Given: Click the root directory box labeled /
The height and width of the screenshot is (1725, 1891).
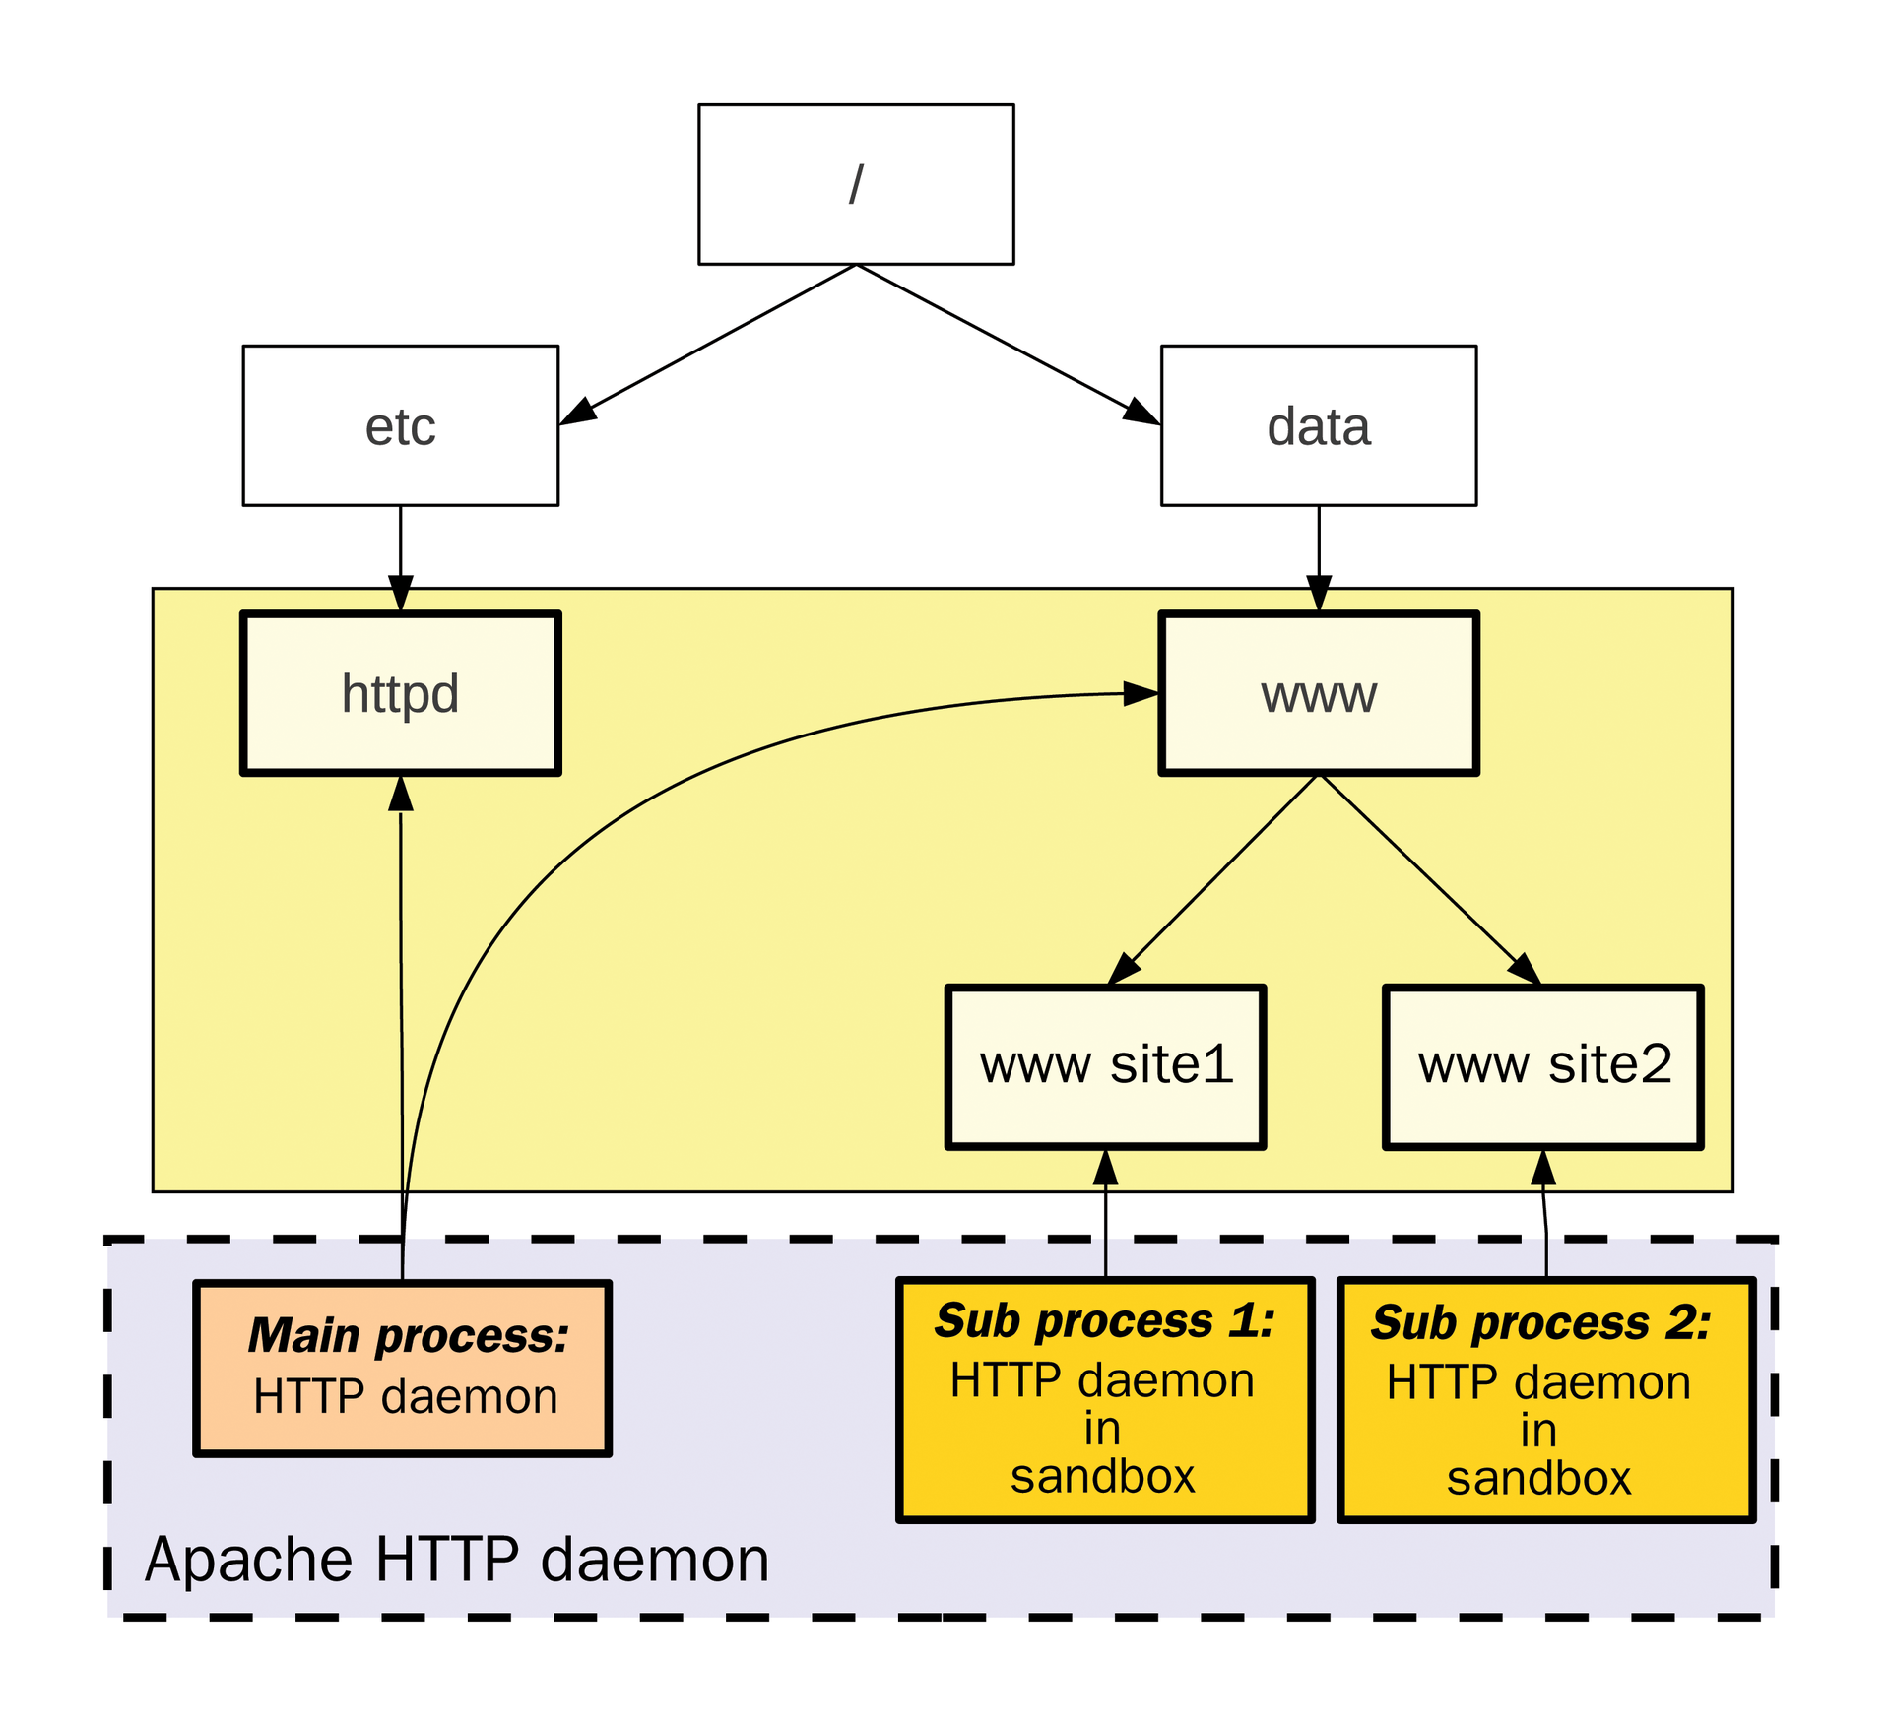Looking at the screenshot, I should tap(855, 184).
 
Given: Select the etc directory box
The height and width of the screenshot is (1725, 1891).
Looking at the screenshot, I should tap(400, 425).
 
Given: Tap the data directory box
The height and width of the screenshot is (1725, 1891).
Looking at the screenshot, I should tap(1318, 425).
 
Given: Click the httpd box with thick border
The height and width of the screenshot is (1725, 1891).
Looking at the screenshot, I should tap(400, 693).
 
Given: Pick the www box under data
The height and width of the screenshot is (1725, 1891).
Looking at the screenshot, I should tap(1318, 693).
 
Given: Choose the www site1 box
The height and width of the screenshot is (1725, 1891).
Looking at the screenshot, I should tap(1105, 1066).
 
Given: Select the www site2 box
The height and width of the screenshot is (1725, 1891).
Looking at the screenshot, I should tap(1543, 1066).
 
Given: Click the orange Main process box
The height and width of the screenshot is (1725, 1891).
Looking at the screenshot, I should tap(402, 1368).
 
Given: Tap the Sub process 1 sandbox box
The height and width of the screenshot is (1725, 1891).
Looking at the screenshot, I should tap(1105, 1399).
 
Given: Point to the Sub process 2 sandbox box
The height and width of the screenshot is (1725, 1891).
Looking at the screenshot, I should tap(1545, 1399).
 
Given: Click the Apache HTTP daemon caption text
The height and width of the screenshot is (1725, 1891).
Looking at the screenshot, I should tap(456, 1560).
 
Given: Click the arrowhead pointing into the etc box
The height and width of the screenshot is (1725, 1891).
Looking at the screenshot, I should tap(578, 413).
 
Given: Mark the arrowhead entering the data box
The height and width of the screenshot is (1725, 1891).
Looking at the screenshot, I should tap(1141, 412).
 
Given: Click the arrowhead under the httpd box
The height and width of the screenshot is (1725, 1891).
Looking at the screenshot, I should tap(400, 794).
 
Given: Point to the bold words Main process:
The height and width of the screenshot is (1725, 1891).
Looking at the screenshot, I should tap(408, 1336).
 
